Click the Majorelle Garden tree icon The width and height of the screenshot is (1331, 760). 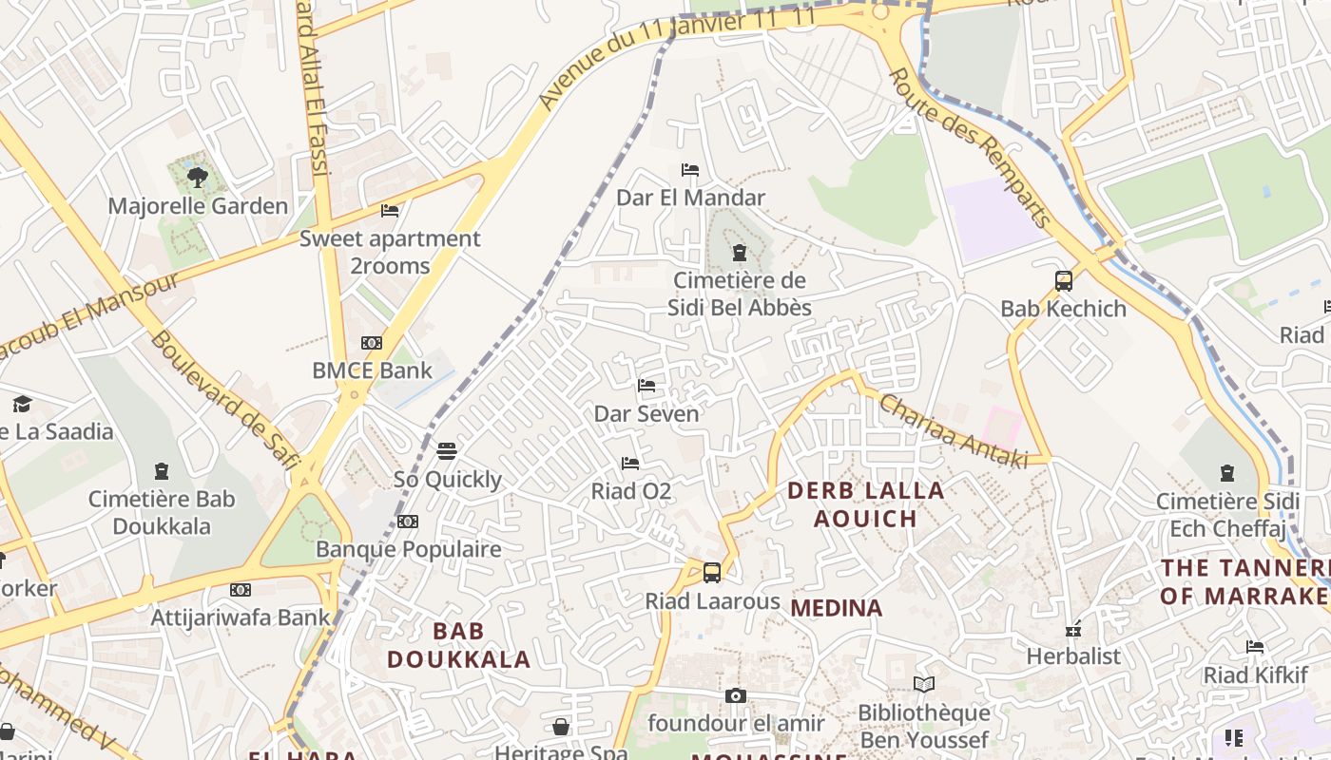[198, 177]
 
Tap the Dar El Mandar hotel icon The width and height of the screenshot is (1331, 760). [690, 170]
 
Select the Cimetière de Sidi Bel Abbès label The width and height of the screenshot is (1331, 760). [739, 294]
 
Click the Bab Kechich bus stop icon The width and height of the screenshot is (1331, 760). [1063, 281]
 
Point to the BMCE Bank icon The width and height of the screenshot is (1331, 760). [372, 343]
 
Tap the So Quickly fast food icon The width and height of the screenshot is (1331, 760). [447, 451]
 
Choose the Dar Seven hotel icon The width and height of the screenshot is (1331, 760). [646, 386]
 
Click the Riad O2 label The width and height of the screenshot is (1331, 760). [631, 491]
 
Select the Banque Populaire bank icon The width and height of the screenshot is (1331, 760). [408, 522]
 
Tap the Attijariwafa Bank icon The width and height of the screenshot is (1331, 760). [241, 590]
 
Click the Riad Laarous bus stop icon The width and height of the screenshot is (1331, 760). [712, 573]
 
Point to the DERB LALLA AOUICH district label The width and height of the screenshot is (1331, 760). [866, 504]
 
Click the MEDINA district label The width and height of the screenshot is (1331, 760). [837, 608]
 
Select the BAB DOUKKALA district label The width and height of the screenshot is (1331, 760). [459, 645]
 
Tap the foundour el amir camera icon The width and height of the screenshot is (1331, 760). [736, 696]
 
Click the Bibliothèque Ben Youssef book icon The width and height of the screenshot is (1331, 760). [924, 684]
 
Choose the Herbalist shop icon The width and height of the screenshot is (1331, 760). [1073, 629]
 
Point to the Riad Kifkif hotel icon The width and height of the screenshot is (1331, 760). [1255, 647]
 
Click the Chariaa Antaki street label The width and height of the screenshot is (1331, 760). [953, 430]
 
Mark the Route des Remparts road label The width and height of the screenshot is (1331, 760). [970, 148]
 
